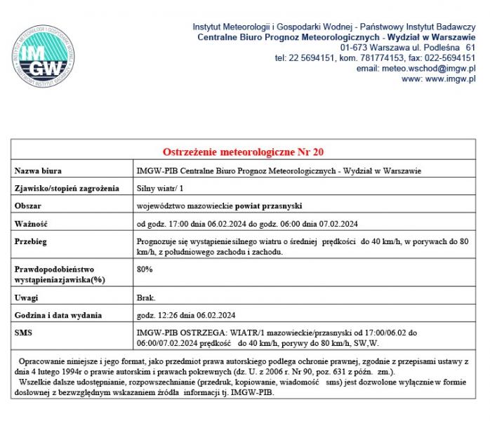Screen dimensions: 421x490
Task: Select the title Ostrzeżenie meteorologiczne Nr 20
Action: [243, 152]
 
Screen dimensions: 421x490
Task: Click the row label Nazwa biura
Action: [38, 171]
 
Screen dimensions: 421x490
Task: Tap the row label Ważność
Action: [31, 224]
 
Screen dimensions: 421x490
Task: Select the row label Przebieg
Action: [31, 241]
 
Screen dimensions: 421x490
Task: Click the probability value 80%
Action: [145, 269]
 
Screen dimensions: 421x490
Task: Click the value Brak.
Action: [146, 298]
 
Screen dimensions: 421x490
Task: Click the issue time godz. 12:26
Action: [161, 315]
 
